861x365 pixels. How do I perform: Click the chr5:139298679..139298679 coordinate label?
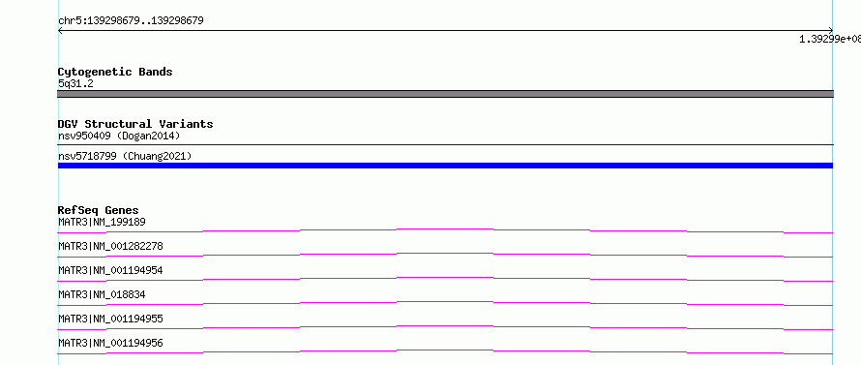[131, 21]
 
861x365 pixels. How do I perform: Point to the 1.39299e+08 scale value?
[830, 39]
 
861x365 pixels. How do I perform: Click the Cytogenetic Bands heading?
[115, 72]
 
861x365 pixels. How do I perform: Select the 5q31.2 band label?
[75, 83]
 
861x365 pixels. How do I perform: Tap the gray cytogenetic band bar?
[445, 94]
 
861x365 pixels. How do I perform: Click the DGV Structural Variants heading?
[135, 124]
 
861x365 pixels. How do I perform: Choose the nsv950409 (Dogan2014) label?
[119, 136]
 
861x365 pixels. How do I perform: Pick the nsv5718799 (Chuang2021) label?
[125, 157]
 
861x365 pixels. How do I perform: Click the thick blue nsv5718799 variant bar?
[445, 166]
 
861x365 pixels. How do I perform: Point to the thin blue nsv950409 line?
[445, 144]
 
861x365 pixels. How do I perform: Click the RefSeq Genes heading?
[99, 210]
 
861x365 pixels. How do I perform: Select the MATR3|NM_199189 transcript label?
[102, 222]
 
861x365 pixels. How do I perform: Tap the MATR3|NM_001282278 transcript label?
[110, 246]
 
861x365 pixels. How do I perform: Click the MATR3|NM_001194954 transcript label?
[110, 270]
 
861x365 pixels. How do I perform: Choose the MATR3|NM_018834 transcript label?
[102, 294]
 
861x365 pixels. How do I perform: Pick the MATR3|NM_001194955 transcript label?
[110, 319]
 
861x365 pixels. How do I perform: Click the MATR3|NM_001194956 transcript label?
[110, 343]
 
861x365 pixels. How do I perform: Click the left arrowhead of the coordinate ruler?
[59, 31]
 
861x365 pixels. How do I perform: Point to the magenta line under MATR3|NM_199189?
[445, 229]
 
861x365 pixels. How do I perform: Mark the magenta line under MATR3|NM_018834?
[445, 302]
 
